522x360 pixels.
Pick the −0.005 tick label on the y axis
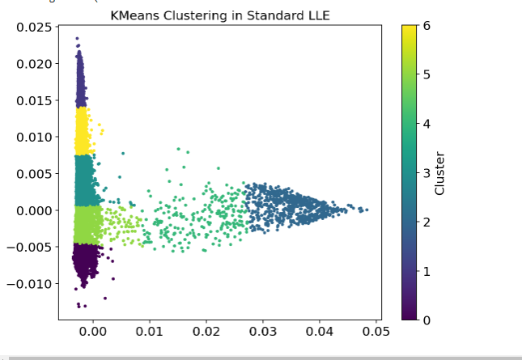coord(27,247)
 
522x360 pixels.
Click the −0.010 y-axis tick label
coord(27,283)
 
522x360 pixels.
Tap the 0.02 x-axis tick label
coord(206,330)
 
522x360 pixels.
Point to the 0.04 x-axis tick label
coord(320,330)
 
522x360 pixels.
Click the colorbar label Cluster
coord(439,172)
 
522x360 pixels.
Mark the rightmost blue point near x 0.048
coord(366,210)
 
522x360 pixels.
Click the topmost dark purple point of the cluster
coord(77,38)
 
